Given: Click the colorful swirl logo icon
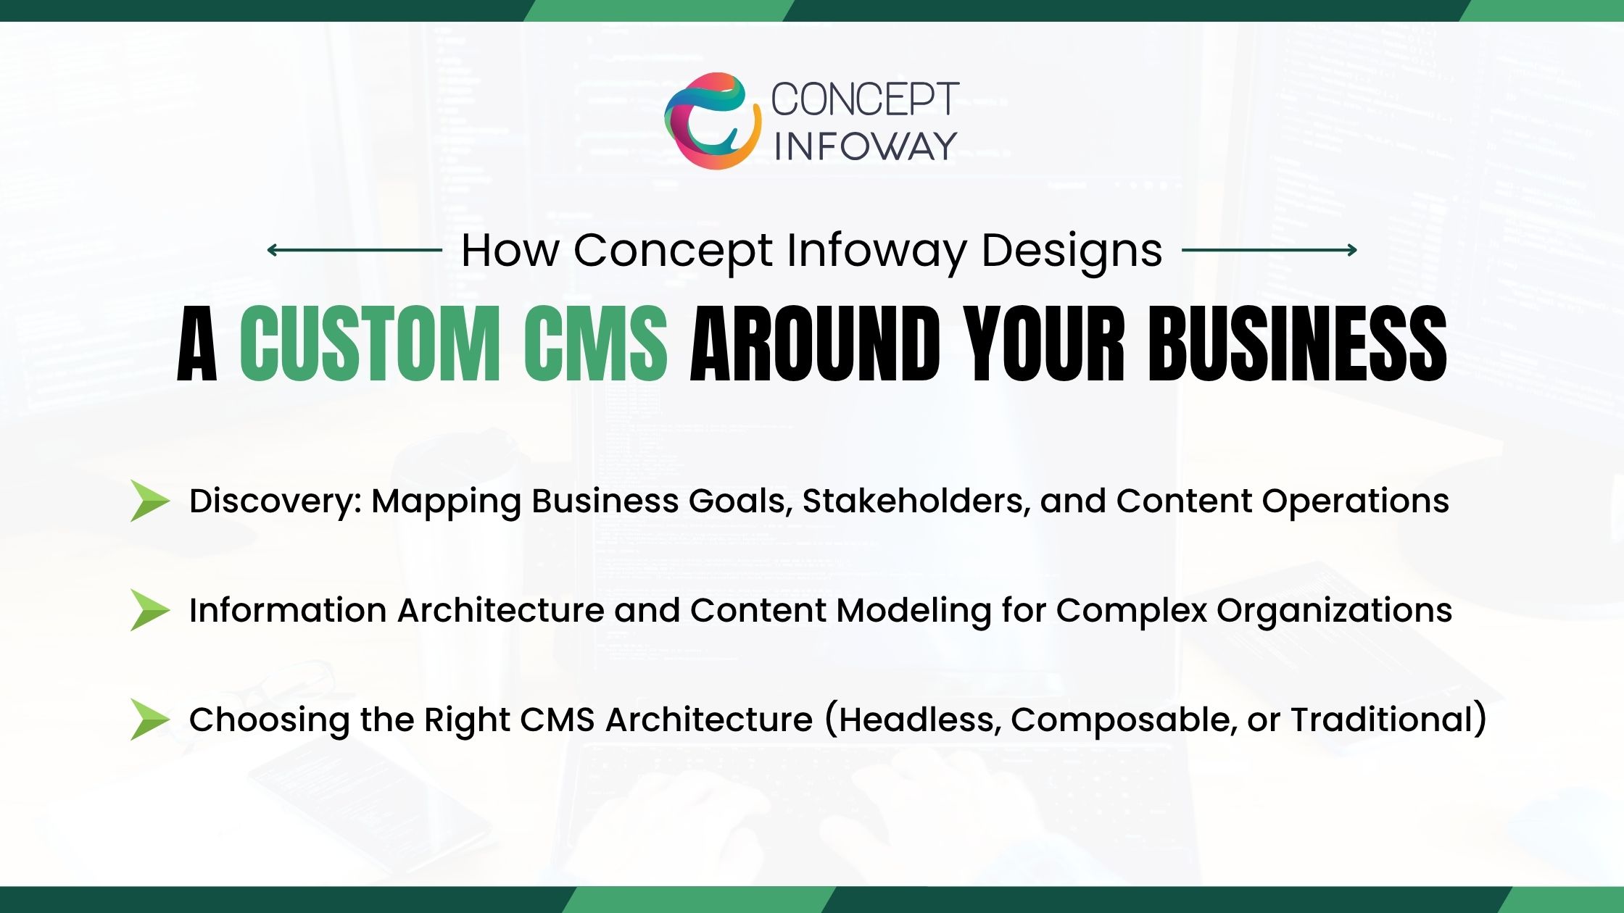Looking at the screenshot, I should [x=712, y=121].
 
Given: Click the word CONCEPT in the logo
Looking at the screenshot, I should [x=864, y=99].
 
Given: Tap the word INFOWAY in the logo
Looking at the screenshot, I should [x=866, y=146].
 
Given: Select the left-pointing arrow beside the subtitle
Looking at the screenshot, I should [x=354, y=250].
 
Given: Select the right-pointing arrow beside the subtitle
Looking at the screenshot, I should [x=1269, y=250].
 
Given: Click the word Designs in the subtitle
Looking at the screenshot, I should [x=1072, y=251].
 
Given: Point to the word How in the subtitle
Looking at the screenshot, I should [x=510, y=251].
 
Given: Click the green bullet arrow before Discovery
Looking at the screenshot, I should [x=149, y=501].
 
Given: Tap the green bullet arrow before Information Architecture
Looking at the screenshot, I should [x=149, y=610].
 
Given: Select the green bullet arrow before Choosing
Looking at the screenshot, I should [x=149, y=720].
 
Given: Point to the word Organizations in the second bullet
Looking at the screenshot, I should [x=1334, y=611].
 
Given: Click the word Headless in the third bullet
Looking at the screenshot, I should [x=919, y=720].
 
